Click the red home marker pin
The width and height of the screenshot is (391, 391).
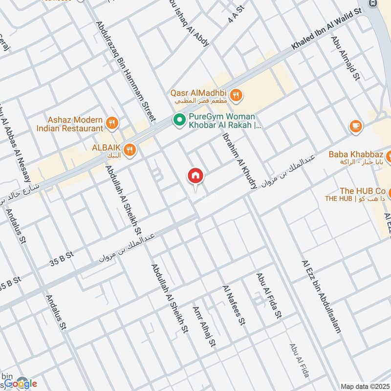click(x=195, y=176)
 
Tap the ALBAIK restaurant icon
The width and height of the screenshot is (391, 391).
click(x=130, y=150)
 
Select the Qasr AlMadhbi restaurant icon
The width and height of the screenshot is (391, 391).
click(x=236, y=95)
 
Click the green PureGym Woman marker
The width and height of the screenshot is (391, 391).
click(x=179, y=119)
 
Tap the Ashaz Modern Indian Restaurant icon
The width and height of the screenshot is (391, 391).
click(x=112, y=123)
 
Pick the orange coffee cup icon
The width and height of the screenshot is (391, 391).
click(x=356, y=126)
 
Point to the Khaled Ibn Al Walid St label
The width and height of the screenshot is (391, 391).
click(x=326, y=29)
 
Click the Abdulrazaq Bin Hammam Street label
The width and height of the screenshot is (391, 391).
click(x=126, y=71)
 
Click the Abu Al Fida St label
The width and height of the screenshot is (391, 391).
click(x=269, y=296)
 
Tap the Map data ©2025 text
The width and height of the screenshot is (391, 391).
click(x=364, y=386)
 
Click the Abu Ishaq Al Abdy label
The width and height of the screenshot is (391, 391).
click(x=189, y=23)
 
